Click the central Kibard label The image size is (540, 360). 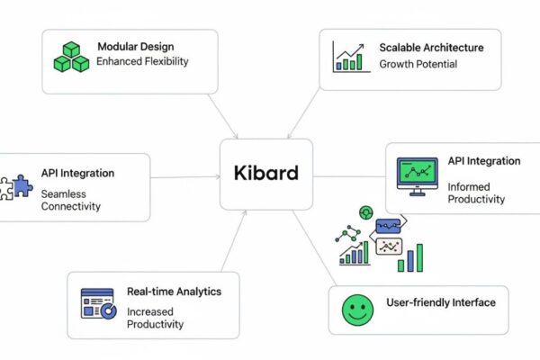point(266,173)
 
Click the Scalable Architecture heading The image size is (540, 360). point(431,47)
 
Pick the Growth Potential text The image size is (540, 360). point(418,64)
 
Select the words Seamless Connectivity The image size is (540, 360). point(71,199)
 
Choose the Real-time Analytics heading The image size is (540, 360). point(173,292)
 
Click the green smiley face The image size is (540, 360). point(357,310)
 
